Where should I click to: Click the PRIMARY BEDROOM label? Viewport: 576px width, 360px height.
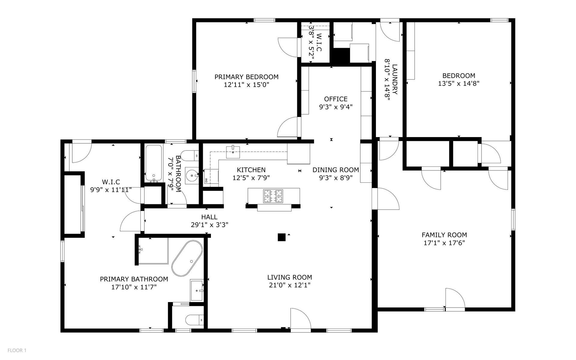[246, 77]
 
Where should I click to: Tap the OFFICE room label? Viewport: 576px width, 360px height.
[336, 99]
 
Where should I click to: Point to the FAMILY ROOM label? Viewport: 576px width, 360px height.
[444, 235]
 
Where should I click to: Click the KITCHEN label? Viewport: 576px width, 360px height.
[251, 170]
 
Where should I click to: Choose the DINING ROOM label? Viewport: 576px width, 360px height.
[336, 170]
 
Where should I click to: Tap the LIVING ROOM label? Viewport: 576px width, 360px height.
[289, 277]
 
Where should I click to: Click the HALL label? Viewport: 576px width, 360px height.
[209, 217]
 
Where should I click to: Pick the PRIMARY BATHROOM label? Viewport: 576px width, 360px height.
[134, 279]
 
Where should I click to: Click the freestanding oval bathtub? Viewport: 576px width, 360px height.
[187, 258]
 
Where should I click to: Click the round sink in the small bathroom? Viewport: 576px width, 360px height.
[192, 174]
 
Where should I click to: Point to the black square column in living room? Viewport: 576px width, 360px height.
[281, 237]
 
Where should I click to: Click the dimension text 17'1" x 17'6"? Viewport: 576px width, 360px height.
[444, 243]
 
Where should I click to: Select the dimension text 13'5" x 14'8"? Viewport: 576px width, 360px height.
[459, 83]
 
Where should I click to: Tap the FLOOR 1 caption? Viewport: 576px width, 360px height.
[17, 350]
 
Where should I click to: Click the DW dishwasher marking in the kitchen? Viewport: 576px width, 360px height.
[206, 180]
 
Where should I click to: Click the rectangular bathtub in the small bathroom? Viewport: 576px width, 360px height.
[154, 163]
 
